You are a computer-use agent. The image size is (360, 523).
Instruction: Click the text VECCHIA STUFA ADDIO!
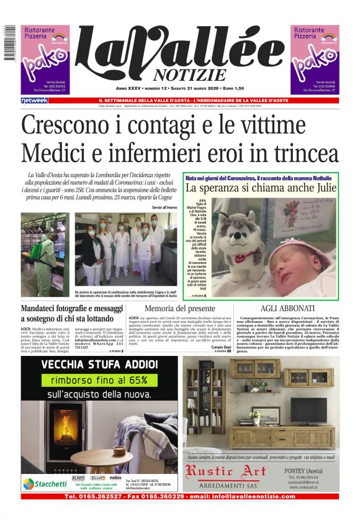click(x=101, y=365)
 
